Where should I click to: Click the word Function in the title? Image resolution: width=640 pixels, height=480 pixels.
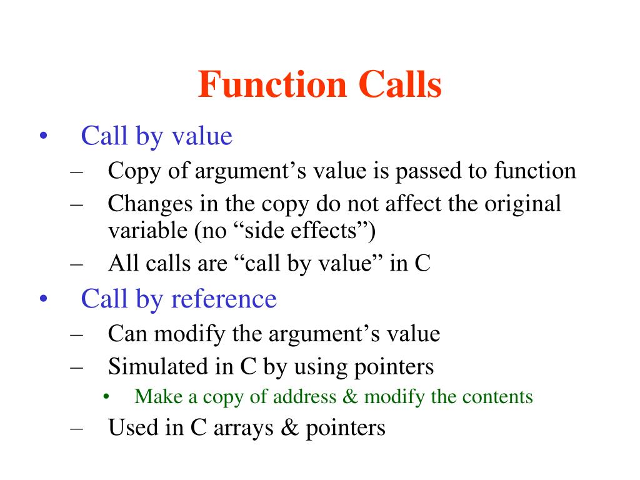click(x=272, y=85)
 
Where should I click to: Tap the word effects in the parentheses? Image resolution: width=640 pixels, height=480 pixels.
click(x=332, y=231)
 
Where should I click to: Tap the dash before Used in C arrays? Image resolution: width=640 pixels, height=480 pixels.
click(x=77, y=427)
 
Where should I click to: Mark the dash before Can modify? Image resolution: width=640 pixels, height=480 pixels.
click(x=77, y=333)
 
